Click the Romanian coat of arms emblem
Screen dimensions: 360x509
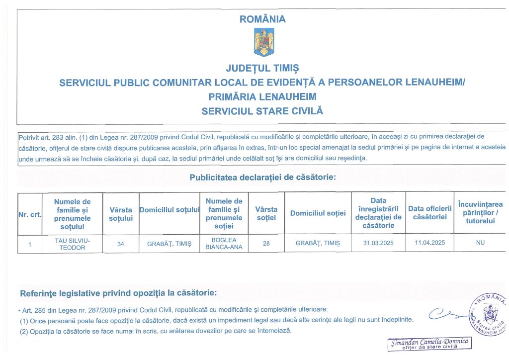(263, 42)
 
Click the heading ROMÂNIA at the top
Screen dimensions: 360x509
(263, 19)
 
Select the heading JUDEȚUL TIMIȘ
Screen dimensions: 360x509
(262, 68)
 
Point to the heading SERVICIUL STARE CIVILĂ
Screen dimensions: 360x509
(262, 111)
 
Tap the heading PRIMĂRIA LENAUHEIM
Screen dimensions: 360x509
(262, 96)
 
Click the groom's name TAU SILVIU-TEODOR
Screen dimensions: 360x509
(73, 244)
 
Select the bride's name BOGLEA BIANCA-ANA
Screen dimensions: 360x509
(224, 244)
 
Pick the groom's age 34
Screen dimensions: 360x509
(121, 244)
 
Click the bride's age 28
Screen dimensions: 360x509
(266, 244)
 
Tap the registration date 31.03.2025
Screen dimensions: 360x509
(378, 244)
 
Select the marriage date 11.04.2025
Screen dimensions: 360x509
(430, 244)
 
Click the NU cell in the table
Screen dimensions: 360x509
(480, 244)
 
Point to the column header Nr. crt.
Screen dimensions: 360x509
(30, 214)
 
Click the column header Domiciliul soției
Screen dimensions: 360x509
(318, 213)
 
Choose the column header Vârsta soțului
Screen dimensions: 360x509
(121, 214)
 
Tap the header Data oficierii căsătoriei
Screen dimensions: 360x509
(430, 213)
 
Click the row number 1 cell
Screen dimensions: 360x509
(30, 244)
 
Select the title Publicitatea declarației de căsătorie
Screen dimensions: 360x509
(262, 177)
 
